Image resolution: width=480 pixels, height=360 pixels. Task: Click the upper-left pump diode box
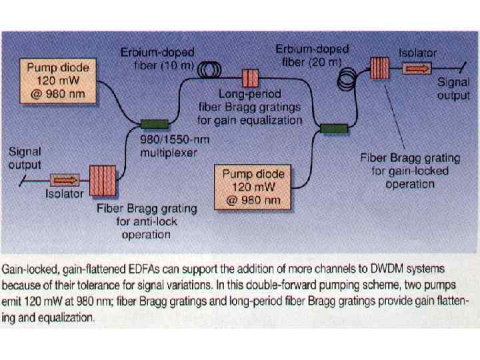[58, 81]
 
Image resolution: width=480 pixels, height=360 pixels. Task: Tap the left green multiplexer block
[154, 123]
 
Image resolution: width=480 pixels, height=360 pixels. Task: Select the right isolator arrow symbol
[416, 68]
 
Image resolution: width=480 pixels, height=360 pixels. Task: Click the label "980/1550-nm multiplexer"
[170, 147]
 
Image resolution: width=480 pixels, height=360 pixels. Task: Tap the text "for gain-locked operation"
[409, 177]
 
